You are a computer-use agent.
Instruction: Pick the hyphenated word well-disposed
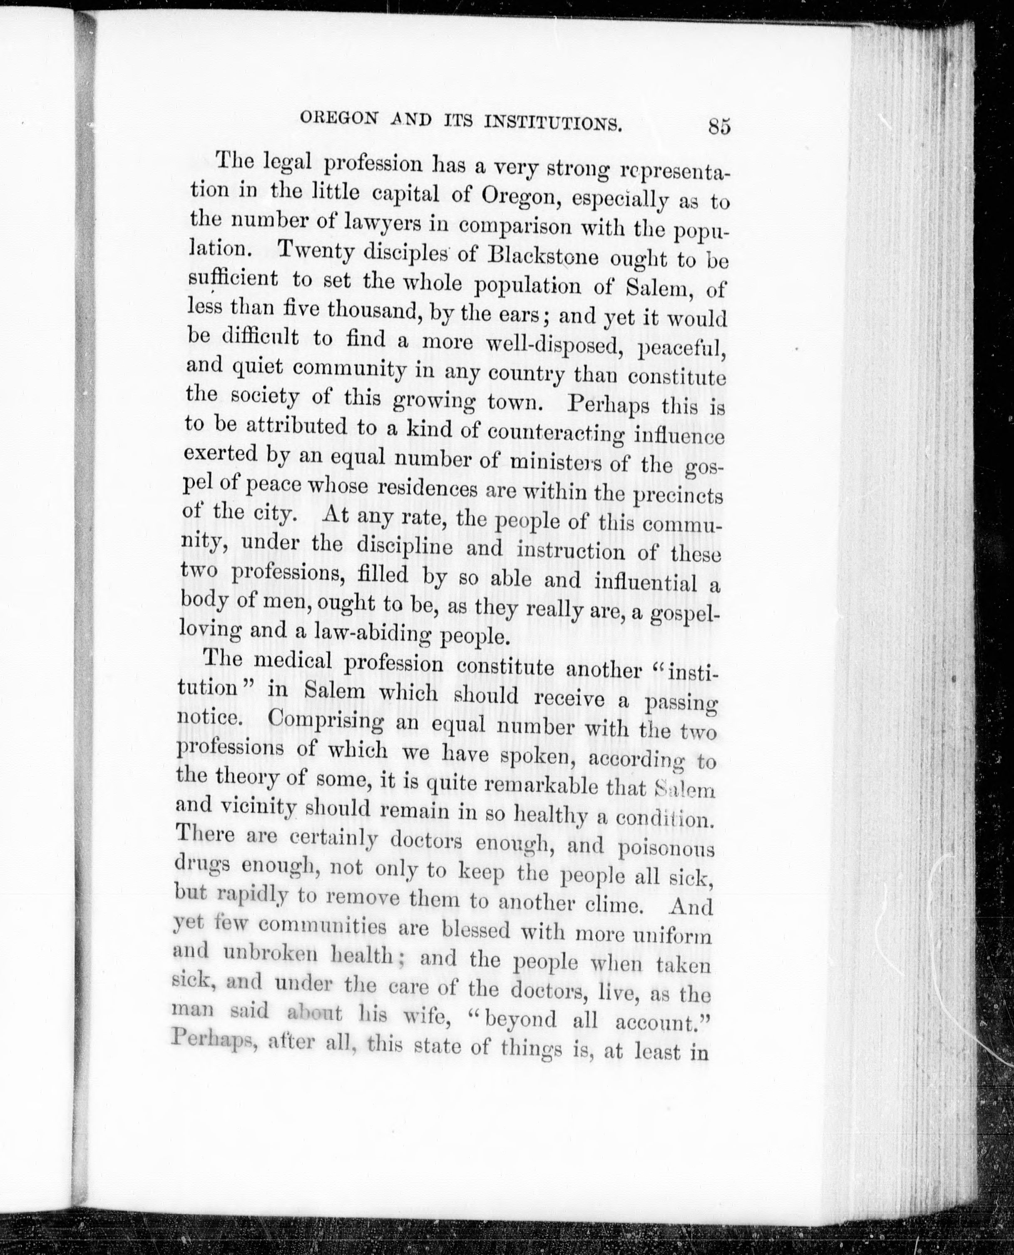554,345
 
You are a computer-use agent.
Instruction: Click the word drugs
199,866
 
